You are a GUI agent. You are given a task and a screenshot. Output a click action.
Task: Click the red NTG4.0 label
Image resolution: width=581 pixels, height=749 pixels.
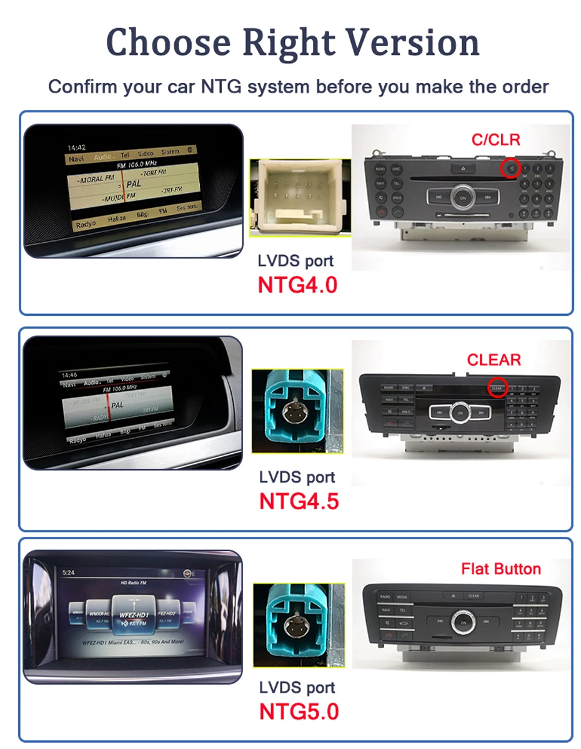click(297, 285)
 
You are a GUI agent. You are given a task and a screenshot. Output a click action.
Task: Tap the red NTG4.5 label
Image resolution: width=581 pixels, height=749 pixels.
click(299, 501)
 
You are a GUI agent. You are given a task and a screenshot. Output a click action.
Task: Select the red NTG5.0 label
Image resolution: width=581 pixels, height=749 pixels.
click(299, 712)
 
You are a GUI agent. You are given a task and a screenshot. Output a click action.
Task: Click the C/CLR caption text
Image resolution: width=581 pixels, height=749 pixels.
click(495, 139)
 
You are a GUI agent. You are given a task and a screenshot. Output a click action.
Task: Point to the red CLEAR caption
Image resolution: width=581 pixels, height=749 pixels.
click(494, 360)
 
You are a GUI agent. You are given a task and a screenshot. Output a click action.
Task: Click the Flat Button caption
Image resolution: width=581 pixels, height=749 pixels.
click(501, 569)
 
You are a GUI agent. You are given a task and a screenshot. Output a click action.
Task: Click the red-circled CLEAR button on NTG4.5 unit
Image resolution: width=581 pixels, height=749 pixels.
click(497, 388)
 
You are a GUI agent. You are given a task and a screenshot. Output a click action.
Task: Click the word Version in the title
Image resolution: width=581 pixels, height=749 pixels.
click(413, 42)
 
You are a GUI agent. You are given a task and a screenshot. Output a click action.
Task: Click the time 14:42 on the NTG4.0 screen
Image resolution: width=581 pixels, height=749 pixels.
click(76, 148)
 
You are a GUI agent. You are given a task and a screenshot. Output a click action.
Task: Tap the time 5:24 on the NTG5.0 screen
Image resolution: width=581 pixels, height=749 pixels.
click(68, 572)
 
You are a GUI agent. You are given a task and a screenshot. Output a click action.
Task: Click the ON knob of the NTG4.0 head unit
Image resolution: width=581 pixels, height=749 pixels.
click(463, 197)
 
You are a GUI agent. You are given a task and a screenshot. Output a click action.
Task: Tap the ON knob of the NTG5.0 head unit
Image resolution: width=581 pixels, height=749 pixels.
click(463, 621)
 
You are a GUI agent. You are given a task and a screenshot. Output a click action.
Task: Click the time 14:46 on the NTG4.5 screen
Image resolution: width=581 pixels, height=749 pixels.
click(70, 375)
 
